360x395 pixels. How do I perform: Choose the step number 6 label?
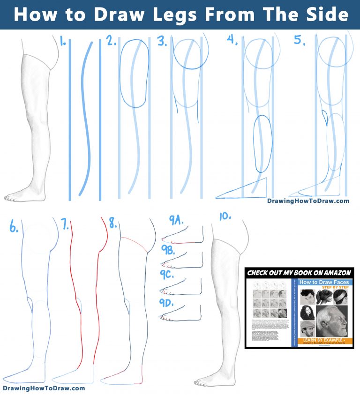click(14, 228)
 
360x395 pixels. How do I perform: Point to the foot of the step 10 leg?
click(211, 380)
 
